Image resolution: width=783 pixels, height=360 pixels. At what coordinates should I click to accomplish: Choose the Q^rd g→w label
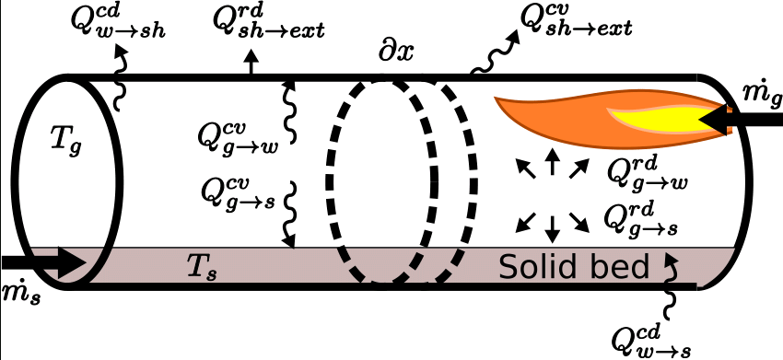pyautogui.click(x=648, y=172)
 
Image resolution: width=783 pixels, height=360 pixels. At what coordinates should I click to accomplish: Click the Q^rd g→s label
pyautogui.click(x=644, y=218)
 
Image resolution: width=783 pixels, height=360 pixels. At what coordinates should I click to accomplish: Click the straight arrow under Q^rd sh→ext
pyautogui.click(x=251, y=64)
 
